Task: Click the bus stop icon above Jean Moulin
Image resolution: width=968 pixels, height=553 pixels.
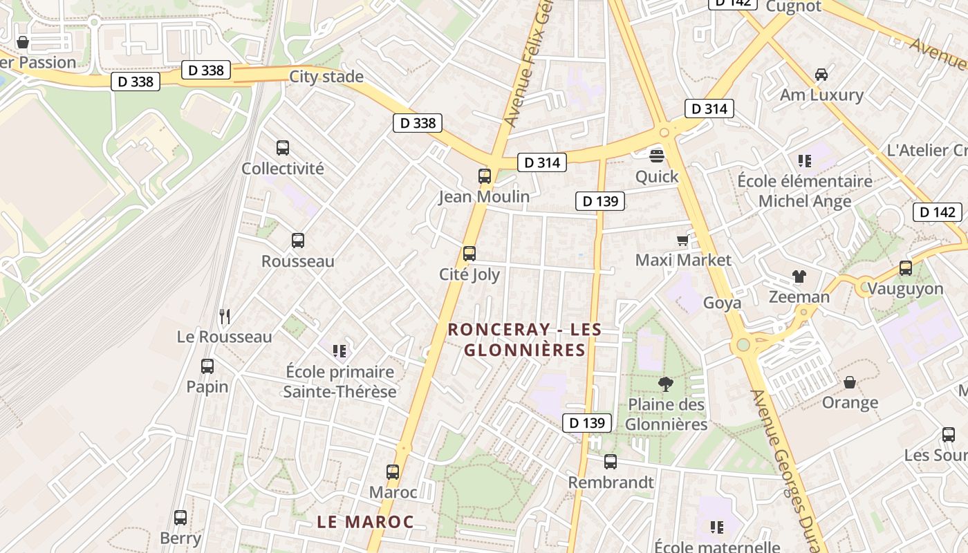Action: (x=485, y=176)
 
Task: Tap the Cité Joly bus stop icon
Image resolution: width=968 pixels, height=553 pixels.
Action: (x=469, y=254)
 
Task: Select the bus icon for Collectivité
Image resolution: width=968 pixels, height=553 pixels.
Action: (x=283, y=147)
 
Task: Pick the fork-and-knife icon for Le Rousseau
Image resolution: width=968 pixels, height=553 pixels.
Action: (x=225, y=317)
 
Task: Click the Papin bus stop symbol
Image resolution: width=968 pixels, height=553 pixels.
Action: (x=207, y=366)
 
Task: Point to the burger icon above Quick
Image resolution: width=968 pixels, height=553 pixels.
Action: (x=657, y=156)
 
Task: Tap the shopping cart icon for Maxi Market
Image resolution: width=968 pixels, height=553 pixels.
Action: (x=683, y=240)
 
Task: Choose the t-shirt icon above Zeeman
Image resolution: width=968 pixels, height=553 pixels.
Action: (x=799, y=276)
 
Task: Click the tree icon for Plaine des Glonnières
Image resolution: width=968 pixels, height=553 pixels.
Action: (x=666, y=384)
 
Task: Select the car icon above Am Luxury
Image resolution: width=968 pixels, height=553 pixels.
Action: (x=821, y=75)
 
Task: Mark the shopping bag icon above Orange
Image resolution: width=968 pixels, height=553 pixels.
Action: (x=850, y=382)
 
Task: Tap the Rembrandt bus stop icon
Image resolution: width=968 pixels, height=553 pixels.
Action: (x=611, y=462)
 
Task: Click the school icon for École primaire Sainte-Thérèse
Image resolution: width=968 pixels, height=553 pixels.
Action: (x=339, y=351)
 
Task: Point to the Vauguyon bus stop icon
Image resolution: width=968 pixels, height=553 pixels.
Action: (x=906, y=268)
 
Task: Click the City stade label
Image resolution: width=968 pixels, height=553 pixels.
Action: (x=326, y=77)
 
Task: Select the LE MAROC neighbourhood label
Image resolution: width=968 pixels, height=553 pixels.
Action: (x=365, y=522)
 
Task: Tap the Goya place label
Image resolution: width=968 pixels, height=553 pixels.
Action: (x=722, y=303)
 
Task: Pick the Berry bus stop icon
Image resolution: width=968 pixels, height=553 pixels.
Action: (x=180, y=517)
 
